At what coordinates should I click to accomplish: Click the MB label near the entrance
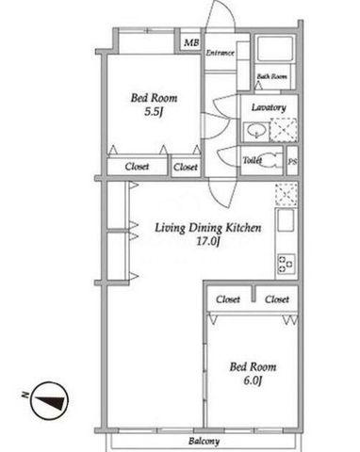tap(191, 42)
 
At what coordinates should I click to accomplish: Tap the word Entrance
tap(220, 53)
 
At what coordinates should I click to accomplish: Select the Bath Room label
tap(272, 76)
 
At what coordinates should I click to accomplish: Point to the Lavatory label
tap(269, 107)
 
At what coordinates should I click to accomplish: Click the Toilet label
tap(253, 160)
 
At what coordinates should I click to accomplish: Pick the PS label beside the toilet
tap(293, 162)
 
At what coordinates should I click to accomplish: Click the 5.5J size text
tap(154, 112)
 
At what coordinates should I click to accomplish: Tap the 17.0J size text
tap(207, 241)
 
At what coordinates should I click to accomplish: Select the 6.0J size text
tap(253, 380)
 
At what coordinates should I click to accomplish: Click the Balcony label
tap(204, 441)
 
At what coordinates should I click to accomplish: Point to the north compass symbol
tap(50, 401)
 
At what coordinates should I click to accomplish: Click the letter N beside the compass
tap(25, 395)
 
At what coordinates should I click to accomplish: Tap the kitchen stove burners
tap(286, 264)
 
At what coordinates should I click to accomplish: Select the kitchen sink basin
tap(286, 219)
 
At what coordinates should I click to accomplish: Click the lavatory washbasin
tap(256, 132)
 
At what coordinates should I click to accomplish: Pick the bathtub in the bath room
tap(275, 48)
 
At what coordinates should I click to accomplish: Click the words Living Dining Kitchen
tap(208, 228)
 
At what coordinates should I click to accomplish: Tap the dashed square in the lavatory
tap(284, 129)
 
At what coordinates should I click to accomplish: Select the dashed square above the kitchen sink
tap(286, 194)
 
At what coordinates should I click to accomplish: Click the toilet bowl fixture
tap(270, 160)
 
